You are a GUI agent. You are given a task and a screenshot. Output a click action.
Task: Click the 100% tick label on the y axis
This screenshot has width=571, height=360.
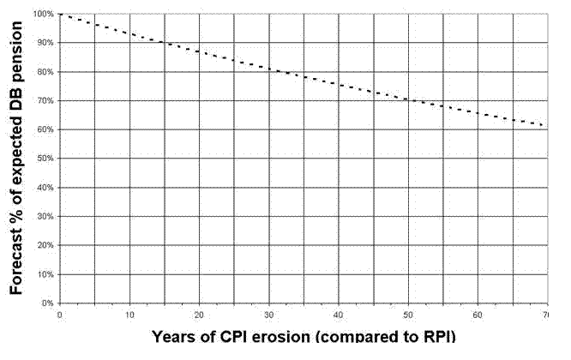pos(43,14)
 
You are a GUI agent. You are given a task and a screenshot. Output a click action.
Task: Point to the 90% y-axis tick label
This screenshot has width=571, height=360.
pos(45,43)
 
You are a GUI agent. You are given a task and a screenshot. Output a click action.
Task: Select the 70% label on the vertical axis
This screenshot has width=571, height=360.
pos(45,100)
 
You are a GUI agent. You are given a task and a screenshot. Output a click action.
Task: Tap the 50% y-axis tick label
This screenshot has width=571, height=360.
pos(45,159)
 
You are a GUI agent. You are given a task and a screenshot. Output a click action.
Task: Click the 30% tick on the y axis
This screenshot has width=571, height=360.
pos(45,216)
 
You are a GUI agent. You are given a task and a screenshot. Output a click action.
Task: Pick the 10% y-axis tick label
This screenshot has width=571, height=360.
pos(45,274)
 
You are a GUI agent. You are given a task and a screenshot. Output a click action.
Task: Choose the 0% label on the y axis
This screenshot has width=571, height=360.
pos(47,303)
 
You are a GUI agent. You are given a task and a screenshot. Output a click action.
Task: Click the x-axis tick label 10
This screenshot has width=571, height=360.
pos(129,314)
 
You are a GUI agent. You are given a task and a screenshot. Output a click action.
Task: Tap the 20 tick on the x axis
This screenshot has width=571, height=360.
pos(199,314)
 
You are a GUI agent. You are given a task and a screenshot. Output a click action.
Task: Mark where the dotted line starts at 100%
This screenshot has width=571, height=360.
pos(61,14)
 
